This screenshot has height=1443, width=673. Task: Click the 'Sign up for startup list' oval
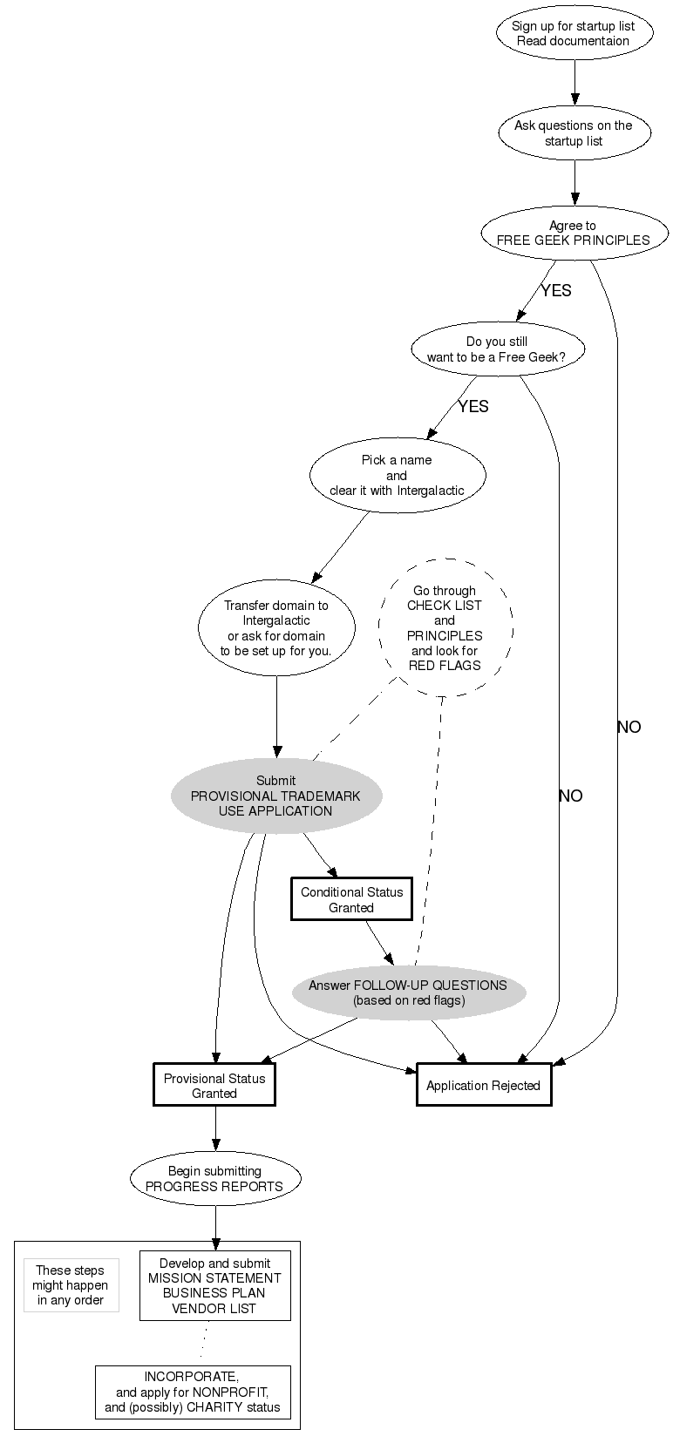point(574,33)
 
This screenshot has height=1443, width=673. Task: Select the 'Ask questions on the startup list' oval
point(574,133)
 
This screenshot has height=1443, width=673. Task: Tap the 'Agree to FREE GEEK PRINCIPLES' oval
point(574,233)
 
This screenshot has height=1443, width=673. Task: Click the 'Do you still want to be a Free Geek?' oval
point(498,349)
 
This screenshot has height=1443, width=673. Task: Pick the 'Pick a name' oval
point(397,475)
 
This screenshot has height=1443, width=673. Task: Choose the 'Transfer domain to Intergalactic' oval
point(276,627)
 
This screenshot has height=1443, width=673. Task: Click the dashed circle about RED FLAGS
point(445,627)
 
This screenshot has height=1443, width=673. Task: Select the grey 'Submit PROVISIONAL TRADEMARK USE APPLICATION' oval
point(276,796)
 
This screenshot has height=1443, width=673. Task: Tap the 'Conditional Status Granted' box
point(351,899)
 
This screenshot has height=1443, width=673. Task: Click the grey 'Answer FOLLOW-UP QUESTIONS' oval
point(408,992)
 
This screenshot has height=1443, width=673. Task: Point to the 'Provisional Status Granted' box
point(214,1086)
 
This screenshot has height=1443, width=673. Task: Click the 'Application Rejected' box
point(484,1086)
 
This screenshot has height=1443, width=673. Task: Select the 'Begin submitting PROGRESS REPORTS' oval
point(214,1179)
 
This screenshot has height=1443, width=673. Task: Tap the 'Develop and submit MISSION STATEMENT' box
point(214,1286)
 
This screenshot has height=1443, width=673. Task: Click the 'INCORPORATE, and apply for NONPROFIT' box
point(193,1392)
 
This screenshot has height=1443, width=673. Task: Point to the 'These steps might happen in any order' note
point(71,1285)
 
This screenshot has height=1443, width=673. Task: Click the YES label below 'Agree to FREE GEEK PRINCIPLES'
point(556,291)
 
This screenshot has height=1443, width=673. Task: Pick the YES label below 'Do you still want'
point(473,407)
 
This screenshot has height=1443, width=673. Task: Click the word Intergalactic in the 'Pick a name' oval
point(431,491)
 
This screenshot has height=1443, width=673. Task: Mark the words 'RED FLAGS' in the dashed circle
point(445,665)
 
